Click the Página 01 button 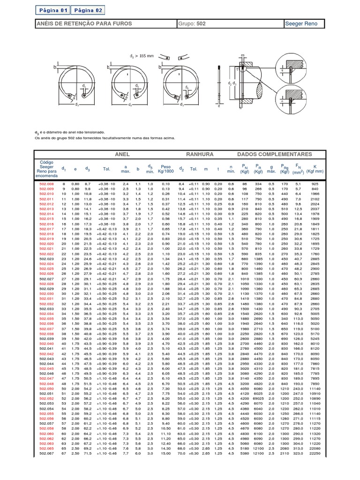click(x=54, y=9)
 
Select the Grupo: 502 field click(x=192, y=23)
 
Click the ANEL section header click(x=122, y=154)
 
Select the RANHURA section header click(x=200, y=154)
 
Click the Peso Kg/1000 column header click(x=166, y=169)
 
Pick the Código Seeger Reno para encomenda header click(x=46, y=169)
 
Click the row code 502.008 click(x=46, y=184)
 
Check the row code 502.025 click(x=46, y=269)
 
